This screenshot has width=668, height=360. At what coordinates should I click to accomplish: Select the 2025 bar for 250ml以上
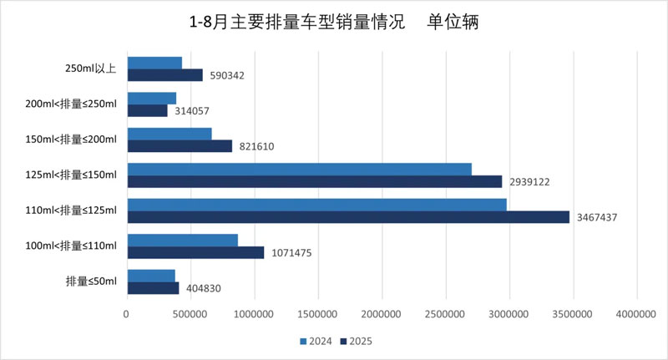[165, 75]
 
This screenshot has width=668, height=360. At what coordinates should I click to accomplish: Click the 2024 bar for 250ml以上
[154, 63]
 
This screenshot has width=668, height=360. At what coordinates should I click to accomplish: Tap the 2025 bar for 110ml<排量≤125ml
[348, 217]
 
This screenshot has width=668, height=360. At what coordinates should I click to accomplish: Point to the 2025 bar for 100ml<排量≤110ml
[195, 252]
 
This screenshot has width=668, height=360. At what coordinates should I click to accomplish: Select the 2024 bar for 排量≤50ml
[151, 276]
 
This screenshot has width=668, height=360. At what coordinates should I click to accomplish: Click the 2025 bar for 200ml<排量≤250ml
[148, 110]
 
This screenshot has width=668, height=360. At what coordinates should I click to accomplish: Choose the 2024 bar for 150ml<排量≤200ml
[170, 134]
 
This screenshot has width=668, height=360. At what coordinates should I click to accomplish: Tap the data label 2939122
[531, 182]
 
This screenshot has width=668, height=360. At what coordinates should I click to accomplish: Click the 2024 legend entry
[317, 341]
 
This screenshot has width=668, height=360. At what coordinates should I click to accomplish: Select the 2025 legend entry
[357, 341]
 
